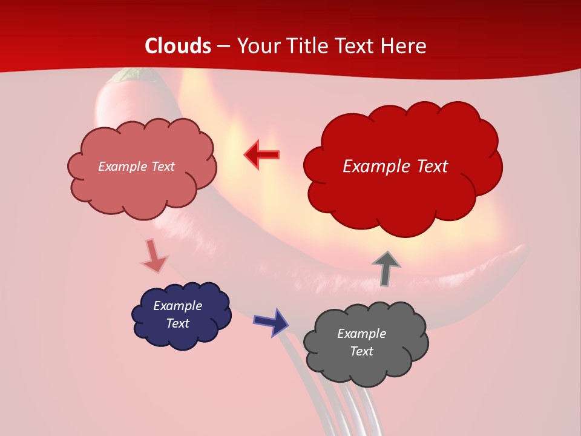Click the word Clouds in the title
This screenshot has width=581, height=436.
(x=178, y=46)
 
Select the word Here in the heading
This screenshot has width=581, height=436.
(x=403, y=46)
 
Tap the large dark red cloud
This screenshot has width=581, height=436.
(x=402, y=182)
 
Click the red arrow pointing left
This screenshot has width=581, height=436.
(x=261, y=154)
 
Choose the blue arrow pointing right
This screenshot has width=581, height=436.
(x=271, y=322)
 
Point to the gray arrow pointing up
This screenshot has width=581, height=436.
(x=386, y=268)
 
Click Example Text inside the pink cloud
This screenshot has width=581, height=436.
(x=136, y=167)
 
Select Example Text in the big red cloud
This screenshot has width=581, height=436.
(x=395, y=167)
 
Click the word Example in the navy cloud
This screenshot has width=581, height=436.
(x=177, y=306)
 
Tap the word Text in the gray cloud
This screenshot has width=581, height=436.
(x=361, y=351)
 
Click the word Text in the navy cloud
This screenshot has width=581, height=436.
(x=177, y=323)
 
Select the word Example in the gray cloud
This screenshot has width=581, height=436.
(x=361, y=334)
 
